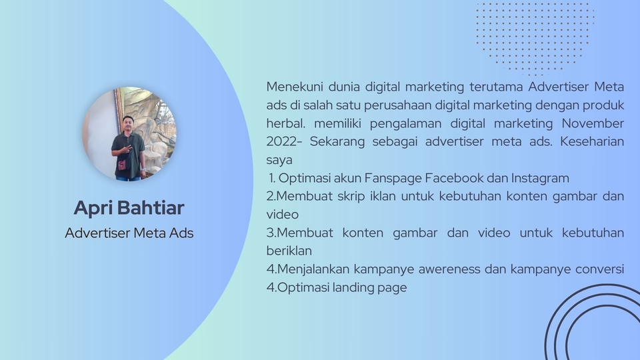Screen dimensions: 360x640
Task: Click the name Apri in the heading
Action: pyautogui.click(x=93, y=208)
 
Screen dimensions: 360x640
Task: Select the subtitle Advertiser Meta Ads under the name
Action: pyautogui.click(x=129, y=233)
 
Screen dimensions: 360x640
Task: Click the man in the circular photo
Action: pyautogui.click(x=127, y=149)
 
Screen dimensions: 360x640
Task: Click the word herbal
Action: pyautogui.click(x=285, y=123)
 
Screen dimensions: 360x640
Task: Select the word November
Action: pyautogui.click(x=593, y=123)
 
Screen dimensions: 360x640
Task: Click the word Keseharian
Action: pyautogui.click(x=592, y=142)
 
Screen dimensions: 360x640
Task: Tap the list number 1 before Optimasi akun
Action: pyautogui.click(x=272, y=178)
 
